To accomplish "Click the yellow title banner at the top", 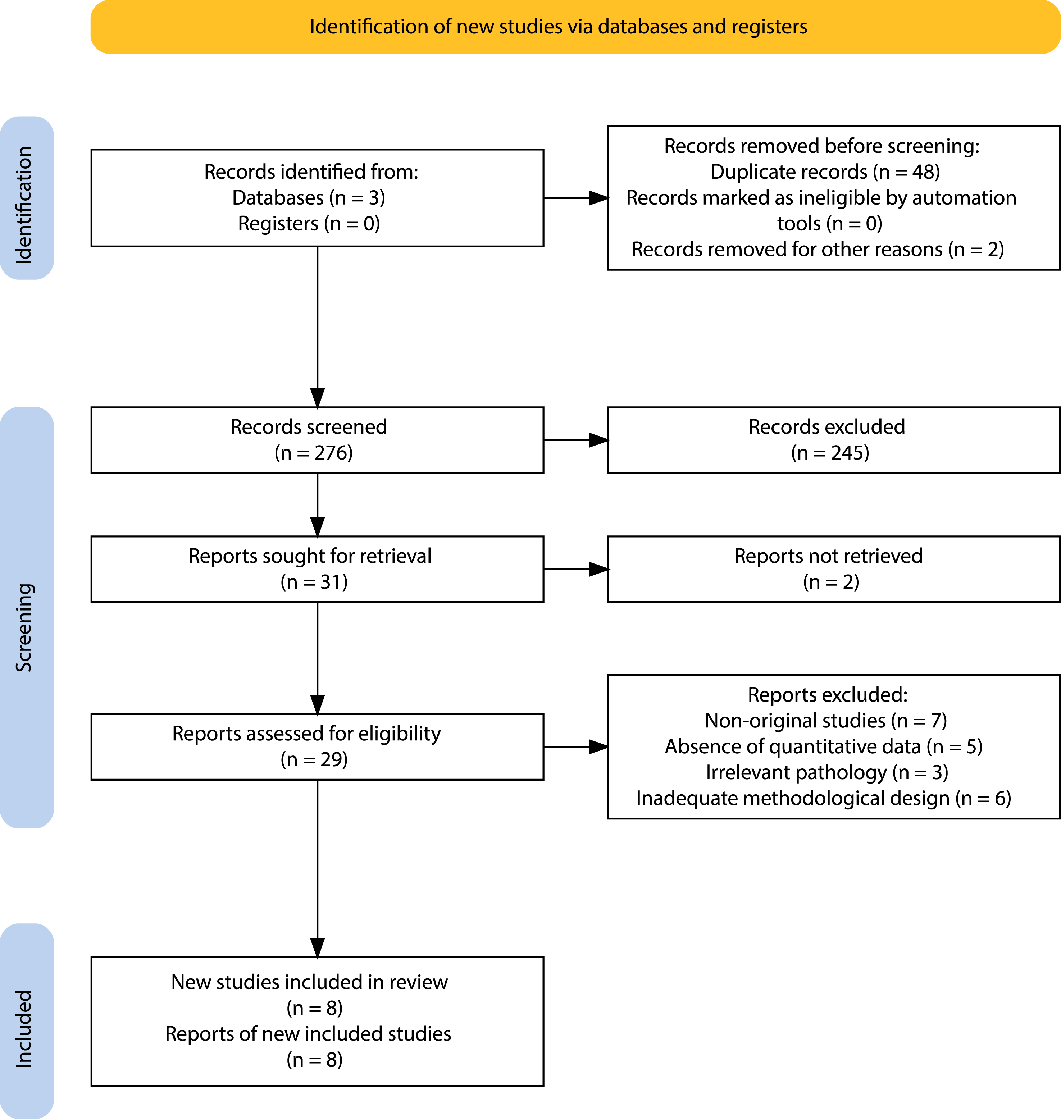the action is (x=575, y=27).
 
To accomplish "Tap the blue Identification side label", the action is (x=27, y=198).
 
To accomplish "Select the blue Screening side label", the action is (x=27, y=617).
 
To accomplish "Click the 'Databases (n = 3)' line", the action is (x=309, y=198).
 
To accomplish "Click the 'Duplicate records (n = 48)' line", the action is (x=825, y=172).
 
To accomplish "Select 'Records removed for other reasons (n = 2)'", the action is (x=818, y=249).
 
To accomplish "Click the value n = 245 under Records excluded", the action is (x=830, y=453).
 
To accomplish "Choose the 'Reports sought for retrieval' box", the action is (x=317, y=569).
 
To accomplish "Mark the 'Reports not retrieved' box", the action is (x=834, y=569).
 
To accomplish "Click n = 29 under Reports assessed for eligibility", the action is (x=314, y=759).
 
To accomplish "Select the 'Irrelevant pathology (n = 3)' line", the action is (x=827, y=772).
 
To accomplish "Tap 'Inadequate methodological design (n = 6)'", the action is (x=824, y=798).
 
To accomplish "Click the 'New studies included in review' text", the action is (x=309, y=982).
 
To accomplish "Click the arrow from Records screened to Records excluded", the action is (x=576, y=440).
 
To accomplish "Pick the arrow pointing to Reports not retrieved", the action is (x=576, y=569).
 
